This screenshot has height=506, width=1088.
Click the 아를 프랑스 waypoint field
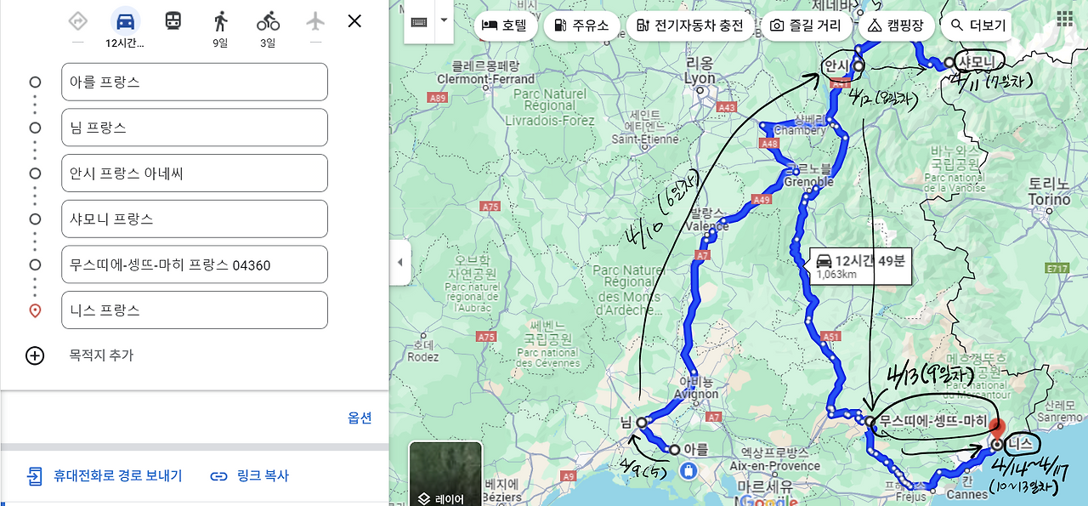tap(194, 82)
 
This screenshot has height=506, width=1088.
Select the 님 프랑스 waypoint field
tap(194, 128)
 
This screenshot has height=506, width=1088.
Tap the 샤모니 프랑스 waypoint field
tap(194, 219)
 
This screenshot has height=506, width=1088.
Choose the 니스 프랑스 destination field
tap(194, 310)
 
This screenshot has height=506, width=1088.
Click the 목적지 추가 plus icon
tap(35, 355)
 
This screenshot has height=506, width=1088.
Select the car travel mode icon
tap(126, 21)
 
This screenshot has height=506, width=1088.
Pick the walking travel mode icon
tap(221, 21)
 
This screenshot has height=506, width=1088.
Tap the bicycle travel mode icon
tap(268, 21)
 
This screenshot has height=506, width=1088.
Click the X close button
tap(354, 21)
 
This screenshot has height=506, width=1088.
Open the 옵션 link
tap(360, 418)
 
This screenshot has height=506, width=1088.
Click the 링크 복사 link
tap(250, 475)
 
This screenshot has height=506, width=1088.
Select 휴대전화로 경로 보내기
tap(105, 475)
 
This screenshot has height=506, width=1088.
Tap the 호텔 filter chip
tap(504, 26)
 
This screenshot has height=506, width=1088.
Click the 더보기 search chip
tap(978, 26)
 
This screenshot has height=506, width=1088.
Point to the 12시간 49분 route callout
tap(858, 265)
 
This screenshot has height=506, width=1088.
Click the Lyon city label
tap(700, 78)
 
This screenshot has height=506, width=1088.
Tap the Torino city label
tap(1049, 199)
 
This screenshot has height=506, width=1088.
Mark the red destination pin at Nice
tap(998, 430)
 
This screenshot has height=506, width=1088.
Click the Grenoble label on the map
tap(808, 182)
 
